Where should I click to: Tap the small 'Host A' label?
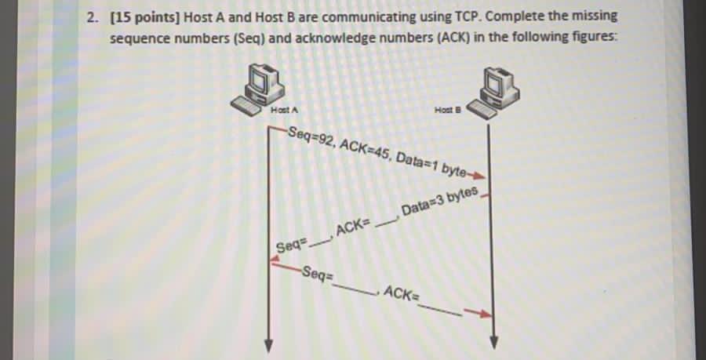(x=280, y=110)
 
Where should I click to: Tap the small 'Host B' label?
(x=445, y=111)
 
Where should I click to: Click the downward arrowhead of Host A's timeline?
(x=269, y=347)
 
